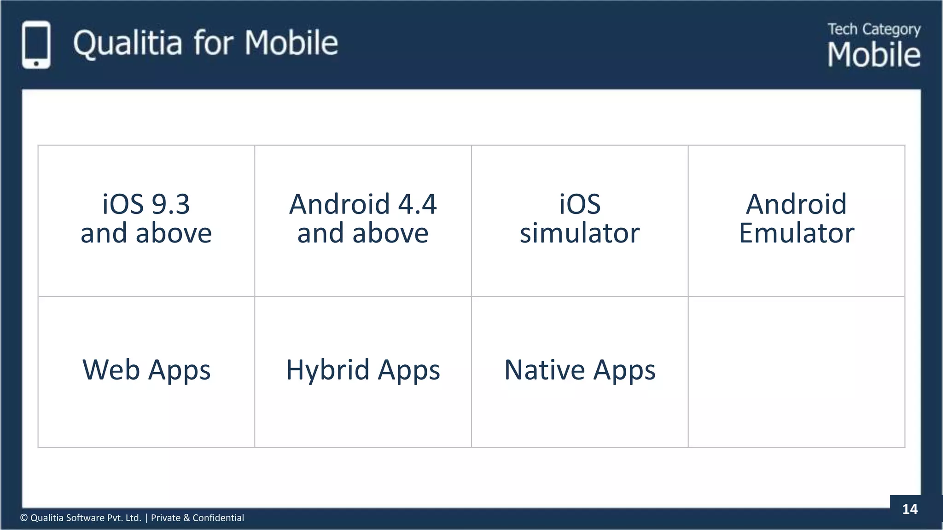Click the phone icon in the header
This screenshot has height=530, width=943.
(36, 45)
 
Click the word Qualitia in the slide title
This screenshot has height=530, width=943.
(127, 43)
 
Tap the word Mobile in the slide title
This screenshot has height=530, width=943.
(291, 43)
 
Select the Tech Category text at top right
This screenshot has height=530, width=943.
(873, 29)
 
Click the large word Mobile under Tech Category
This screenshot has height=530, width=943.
(873, 55)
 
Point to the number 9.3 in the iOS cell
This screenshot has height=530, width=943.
(170, 204)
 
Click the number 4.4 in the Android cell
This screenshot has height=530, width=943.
(417, 204)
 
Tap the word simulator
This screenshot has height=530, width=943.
(580, 233)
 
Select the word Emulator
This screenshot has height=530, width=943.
(797, 233)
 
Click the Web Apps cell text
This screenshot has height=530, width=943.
(146, 370)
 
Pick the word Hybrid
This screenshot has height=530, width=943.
(327, 370)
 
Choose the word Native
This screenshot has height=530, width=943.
(544, 370)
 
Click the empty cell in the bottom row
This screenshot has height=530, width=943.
(797, 372)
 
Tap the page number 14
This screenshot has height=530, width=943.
(909, 509)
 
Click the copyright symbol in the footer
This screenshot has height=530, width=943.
(24, 518)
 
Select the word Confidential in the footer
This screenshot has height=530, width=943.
(218, 518)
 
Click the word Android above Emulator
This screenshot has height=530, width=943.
(797, 204)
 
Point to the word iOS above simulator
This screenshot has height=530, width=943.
(580, 204)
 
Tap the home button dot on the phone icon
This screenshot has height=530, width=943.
(36, 63)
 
